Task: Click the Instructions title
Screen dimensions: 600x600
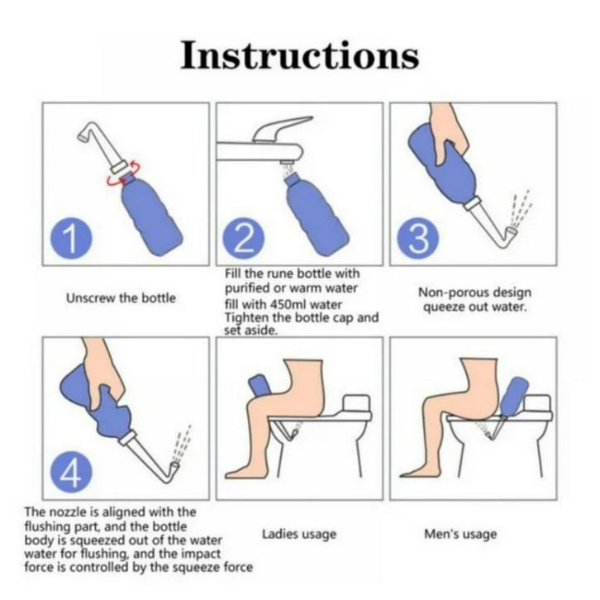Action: (x=300, y=55)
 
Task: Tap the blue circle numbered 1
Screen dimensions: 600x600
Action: (x=72, y=238)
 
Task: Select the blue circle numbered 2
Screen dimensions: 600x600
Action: (x=244, y=238)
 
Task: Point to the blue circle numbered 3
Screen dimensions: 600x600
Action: (x=418, y=238)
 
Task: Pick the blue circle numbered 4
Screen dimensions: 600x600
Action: (x=72, y=474)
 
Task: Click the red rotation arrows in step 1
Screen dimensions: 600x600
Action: (x=124, y=175)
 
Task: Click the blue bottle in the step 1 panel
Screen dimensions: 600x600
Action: (x=151, y=215)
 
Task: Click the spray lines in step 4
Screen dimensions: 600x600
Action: (x=182, y=444)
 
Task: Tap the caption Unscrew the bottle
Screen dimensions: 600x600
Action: (x=121, y=298)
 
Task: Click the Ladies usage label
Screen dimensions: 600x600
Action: (x=299, y=535)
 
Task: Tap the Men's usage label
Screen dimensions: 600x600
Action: (x=460, y=534)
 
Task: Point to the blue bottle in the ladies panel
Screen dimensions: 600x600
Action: (x=261, y=386)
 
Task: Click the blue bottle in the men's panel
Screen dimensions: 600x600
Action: (x=513, y=396)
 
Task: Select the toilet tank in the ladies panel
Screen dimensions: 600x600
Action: (x=357, y=403)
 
